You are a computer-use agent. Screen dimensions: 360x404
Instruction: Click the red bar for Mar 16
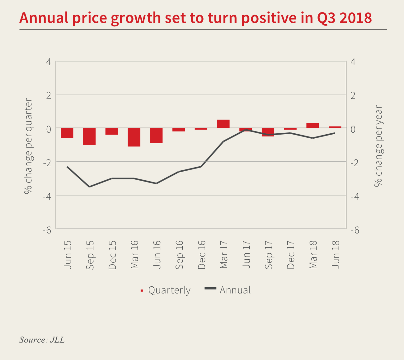[134, 137]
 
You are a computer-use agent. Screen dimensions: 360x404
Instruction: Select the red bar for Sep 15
[89, 136]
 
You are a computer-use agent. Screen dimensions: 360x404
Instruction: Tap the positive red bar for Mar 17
[223, 124]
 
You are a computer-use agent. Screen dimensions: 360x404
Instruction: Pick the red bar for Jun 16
[156, 136]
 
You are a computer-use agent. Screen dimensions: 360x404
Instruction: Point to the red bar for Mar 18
[312, 126]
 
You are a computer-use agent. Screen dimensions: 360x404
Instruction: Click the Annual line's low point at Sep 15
[89, 187]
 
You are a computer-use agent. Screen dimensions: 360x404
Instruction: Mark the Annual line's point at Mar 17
[223, 141]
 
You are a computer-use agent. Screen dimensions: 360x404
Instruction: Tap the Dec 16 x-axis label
[202, 255]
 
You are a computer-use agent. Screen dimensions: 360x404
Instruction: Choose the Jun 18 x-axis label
[336, 255]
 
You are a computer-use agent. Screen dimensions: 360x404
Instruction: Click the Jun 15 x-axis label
[68, 255]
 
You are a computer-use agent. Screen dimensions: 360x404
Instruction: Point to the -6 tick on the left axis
[47, 230]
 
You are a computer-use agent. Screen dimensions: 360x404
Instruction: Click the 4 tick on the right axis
[353, 62]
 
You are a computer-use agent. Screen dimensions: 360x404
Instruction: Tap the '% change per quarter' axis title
[28, 146]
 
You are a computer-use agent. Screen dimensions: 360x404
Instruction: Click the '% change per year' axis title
[378, 146]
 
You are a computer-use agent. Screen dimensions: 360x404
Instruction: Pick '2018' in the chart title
[355, 18]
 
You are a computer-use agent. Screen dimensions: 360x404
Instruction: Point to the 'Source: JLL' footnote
[42, 340]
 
